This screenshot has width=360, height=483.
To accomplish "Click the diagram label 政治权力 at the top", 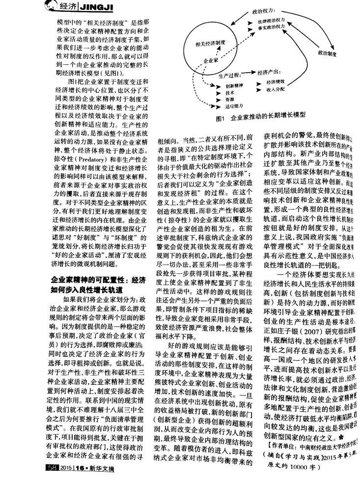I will [263, 10].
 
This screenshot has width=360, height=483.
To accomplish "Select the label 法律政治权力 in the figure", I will [271, 23].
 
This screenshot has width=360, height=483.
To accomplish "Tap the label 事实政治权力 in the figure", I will [271, 29].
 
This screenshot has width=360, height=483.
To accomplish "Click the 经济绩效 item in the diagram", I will [276, 81].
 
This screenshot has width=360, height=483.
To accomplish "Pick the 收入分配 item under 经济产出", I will [276, 90].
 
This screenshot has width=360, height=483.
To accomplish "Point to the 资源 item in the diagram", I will [229, 99].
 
